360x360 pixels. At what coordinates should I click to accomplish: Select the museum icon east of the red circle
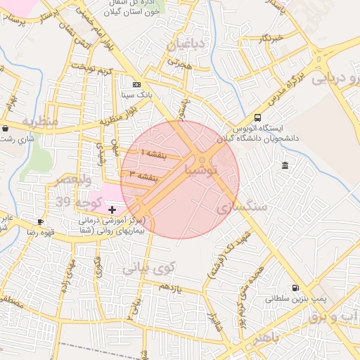[285, 165]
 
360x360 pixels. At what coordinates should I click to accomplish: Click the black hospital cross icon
[112, 210]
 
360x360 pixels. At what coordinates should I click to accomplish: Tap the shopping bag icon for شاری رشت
[6, 129]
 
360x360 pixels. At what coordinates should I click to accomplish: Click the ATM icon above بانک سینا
[136, 84]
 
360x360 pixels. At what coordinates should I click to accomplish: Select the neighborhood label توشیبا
[201, 169]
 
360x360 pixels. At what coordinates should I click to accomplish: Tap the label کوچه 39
[72, 203]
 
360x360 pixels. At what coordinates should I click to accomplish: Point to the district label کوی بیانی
[147, 267]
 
